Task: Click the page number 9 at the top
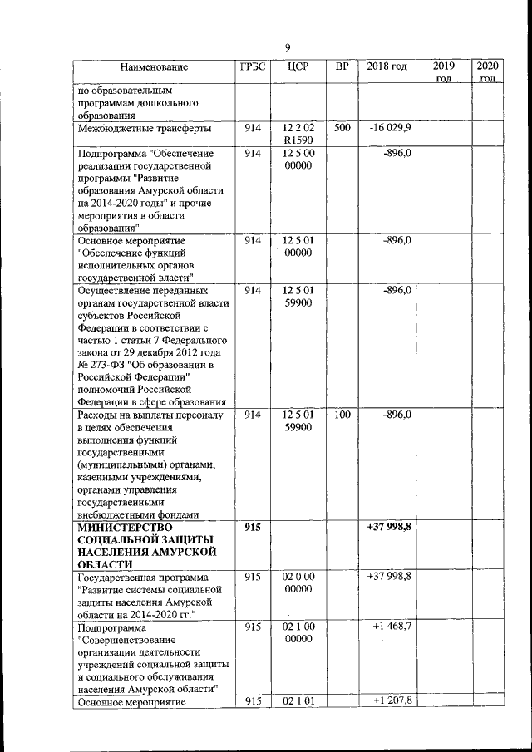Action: (287, 47)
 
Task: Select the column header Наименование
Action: (154, 66)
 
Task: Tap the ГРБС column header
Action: (252, 66)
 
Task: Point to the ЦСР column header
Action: (297, 66)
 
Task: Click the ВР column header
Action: (341, 66)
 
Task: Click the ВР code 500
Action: (342, 129)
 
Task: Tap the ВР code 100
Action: (342, 414)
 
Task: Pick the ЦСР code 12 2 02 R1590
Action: (298, 135)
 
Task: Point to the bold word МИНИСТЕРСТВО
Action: (124, 527)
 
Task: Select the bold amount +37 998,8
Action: (389, 527)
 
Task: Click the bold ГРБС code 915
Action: (253, 527)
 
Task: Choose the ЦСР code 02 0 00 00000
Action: (298, 582)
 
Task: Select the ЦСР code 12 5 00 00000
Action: (298, 160)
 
